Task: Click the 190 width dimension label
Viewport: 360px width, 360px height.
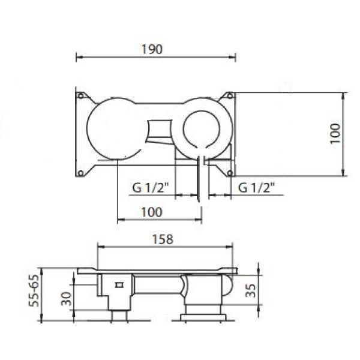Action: [152, 49]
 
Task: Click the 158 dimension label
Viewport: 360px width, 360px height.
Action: [163, 239]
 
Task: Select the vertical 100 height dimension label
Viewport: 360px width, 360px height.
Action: [335, 133]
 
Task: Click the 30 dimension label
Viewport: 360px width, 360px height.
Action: [66, 299]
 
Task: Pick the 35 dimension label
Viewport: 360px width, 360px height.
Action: [250, 290]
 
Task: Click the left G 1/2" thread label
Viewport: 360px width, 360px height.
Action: [151, 188]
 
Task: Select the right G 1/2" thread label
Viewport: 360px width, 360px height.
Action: [257, 188]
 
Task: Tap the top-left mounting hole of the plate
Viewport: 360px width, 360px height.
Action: [80, 96]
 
